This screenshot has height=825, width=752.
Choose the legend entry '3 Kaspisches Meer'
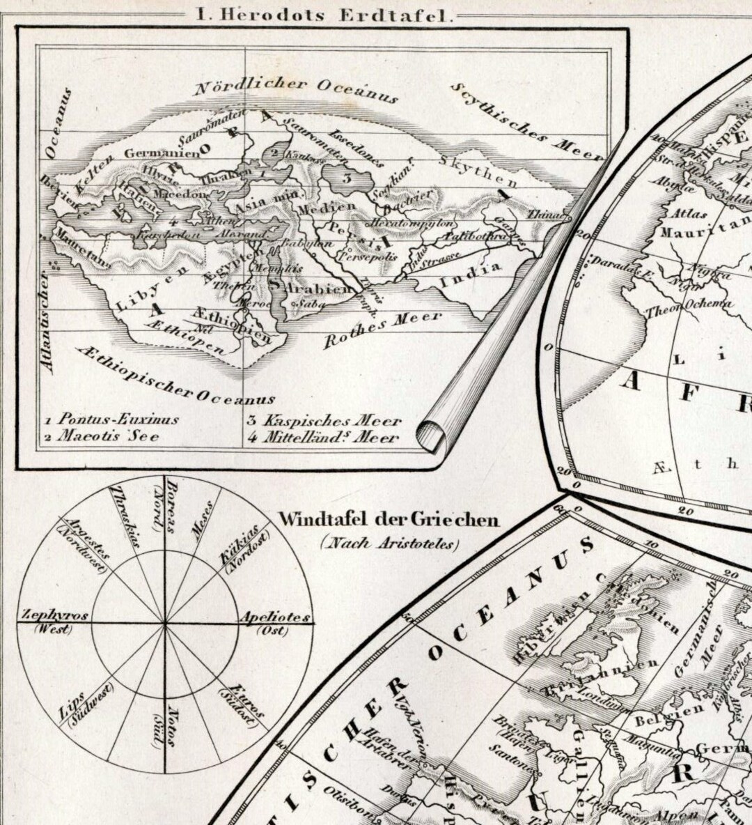tap(324, 421)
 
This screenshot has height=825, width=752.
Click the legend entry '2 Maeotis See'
tap(102, 437)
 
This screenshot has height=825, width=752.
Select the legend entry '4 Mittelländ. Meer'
tap(323, 438)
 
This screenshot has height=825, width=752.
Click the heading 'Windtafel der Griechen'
tap(388, 519)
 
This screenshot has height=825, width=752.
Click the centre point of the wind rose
tap(165, 622)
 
